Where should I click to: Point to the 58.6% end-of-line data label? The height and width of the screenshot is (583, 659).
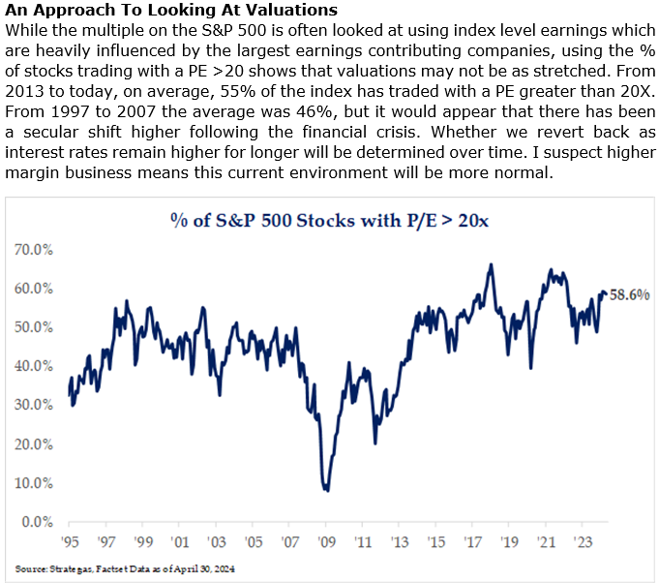630,294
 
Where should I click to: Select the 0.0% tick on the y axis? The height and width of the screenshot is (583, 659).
38,522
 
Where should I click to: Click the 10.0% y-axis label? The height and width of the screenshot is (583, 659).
35,483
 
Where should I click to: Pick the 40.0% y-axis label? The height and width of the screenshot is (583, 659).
35,366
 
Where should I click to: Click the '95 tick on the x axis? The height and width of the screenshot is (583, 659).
69,541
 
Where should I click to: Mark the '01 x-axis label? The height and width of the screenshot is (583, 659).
179,541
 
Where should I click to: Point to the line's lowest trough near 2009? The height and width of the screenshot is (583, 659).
328,490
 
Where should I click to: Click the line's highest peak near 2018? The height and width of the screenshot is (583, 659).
492,264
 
